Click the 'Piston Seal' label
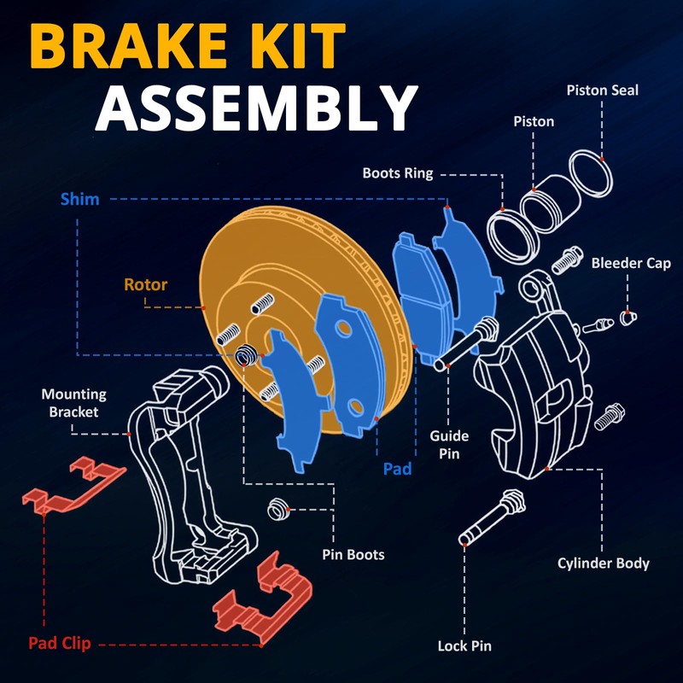pyautogui.click(x=602, y=90)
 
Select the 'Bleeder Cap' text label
pyautogui.click(x=631, y=263)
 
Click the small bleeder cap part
pyautogui.click(x=628, y=318)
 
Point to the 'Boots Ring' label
pyautogui.click(x=398, y=173)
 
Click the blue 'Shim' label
pyautogui.click(x=79, y=199)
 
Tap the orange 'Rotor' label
pyautogui.click(x=145, y=284)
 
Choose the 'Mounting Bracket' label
pyautogui.click(x=73, y=403)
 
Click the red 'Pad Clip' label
pyautogui.click(x=60, y=643)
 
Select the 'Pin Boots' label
pyautogui.click(x=353, y=554)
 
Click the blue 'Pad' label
pyautogui.click(x=397, y=469)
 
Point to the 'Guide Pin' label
pyautogui.click(x=449, y=445)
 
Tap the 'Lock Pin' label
pyautogui.click(x=464, y=645)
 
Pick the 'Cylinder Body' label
pyautogui.click(x=604, y=563)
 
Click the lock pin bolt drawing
pyautogui.click(x=493, y=517)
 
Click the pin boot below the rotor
pyautogui.click(x=277, y=509)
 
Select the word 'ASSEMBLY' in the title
pyautogui.click(x=257, y=108)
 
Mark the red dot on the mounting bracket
pyautogui.click(x=129, y=435)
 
